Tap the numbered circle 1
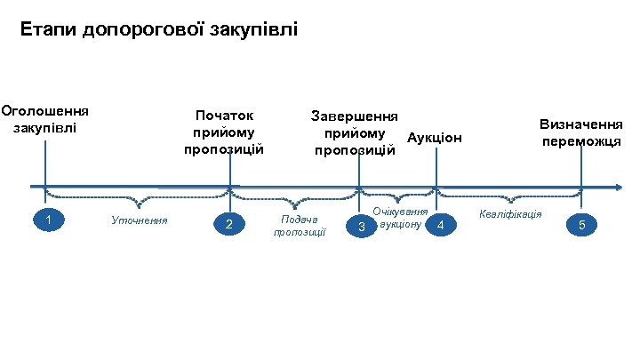tap(52, 220)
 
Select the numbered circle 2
tap(229, 224)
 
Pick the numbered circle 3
tap(361, 228)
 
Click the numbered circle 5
tap(582, 225)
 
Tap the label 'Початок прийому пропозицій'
tap(224, 132)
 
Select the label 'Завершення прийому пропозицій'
tap(355, 132)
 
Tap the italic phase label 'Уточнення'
tap(139, 220)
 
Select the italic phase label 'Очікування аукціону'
tap(401, 218)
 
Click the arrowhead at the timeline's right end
tap(616, 187)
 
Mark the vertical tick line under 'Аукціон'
tap(436, 168)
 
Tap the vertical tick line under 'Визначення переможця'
tap(582, 168)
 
